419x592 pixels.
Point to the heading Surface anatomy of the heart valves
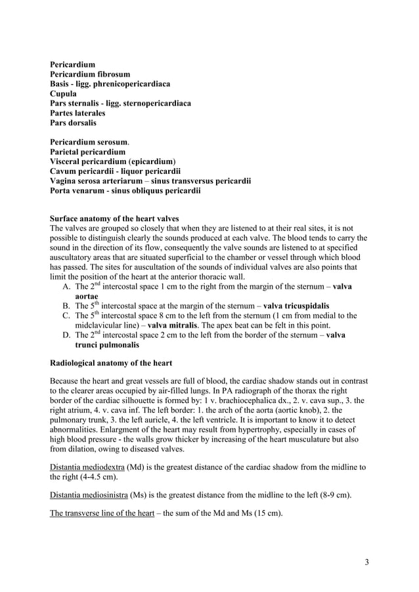(x=114, y=219)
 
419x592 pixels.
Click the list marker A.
(x=66, y=287)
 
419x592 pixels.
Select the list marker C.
(x=66, y=316)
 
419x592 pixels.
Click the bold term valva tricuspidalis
(x=296, y=307)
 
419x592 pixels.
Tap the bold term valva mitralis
(x=175, y=326)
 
